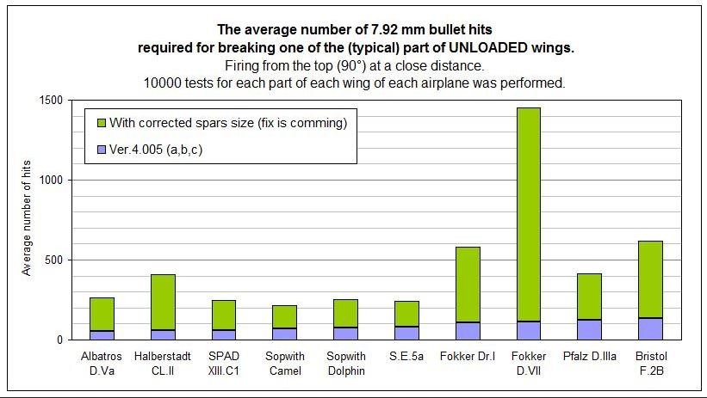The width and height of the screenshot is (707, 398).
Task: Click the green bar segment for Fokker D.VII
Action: pos(528,214)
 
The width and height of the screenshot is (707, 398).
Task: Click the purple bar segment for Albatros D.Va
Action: pos(102,334)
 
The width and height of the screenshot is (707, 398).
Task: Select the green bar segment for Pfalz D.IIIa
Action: pos(589,297)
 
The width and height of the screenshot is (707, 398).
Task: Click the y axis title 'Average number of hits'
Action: pos(26,219)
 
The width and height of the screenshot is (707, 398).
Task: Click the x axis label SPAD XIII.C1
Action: pos(224,362)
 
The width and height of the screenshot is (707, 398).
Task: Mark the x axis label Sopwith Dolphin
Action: pos(345,362)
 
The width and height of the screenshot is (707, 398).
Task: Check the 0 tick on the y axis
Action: pos(57,340)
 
